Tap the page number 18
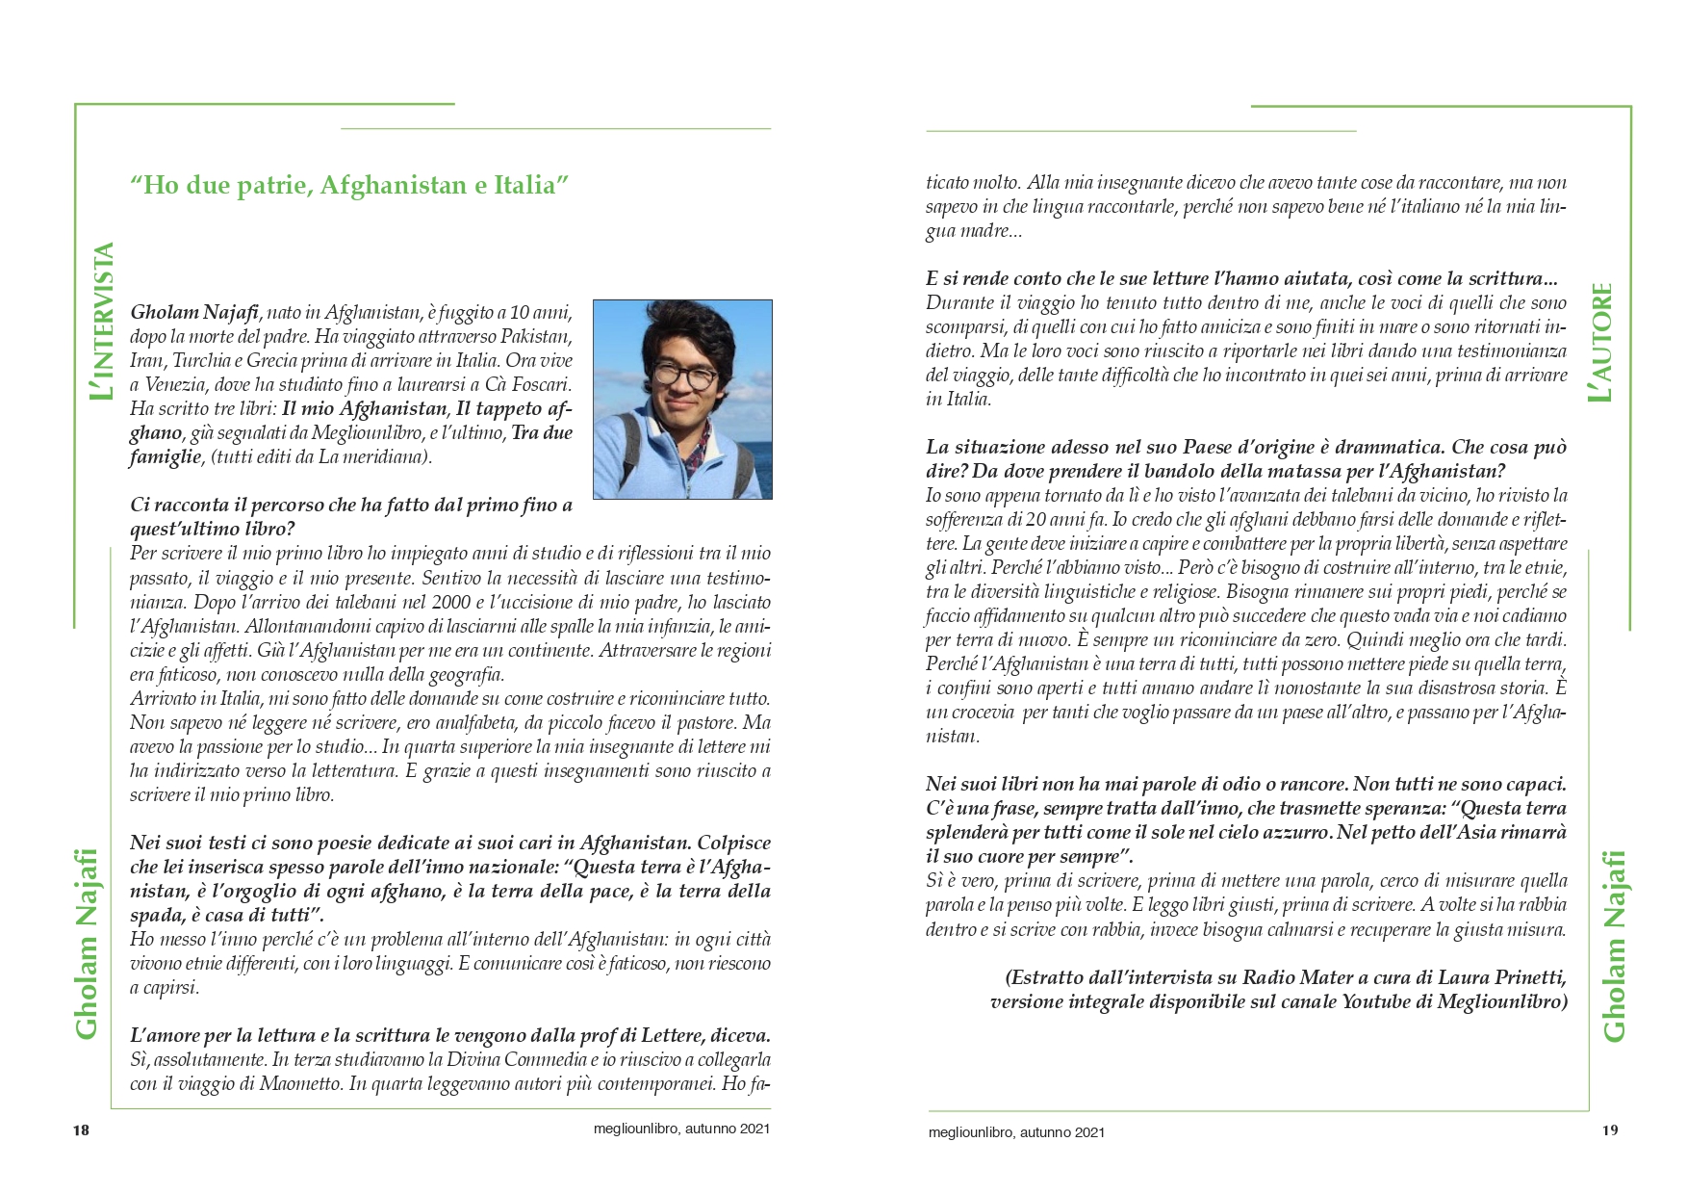coord(81,1130)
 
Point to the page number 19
coord(1610,1130)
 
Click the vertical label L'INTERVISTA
coord(101,322)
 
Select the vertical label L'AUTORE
coord(1601,342)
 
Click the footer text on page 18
coord(682,1130)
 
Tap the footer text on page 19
coord(1016,1132)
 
